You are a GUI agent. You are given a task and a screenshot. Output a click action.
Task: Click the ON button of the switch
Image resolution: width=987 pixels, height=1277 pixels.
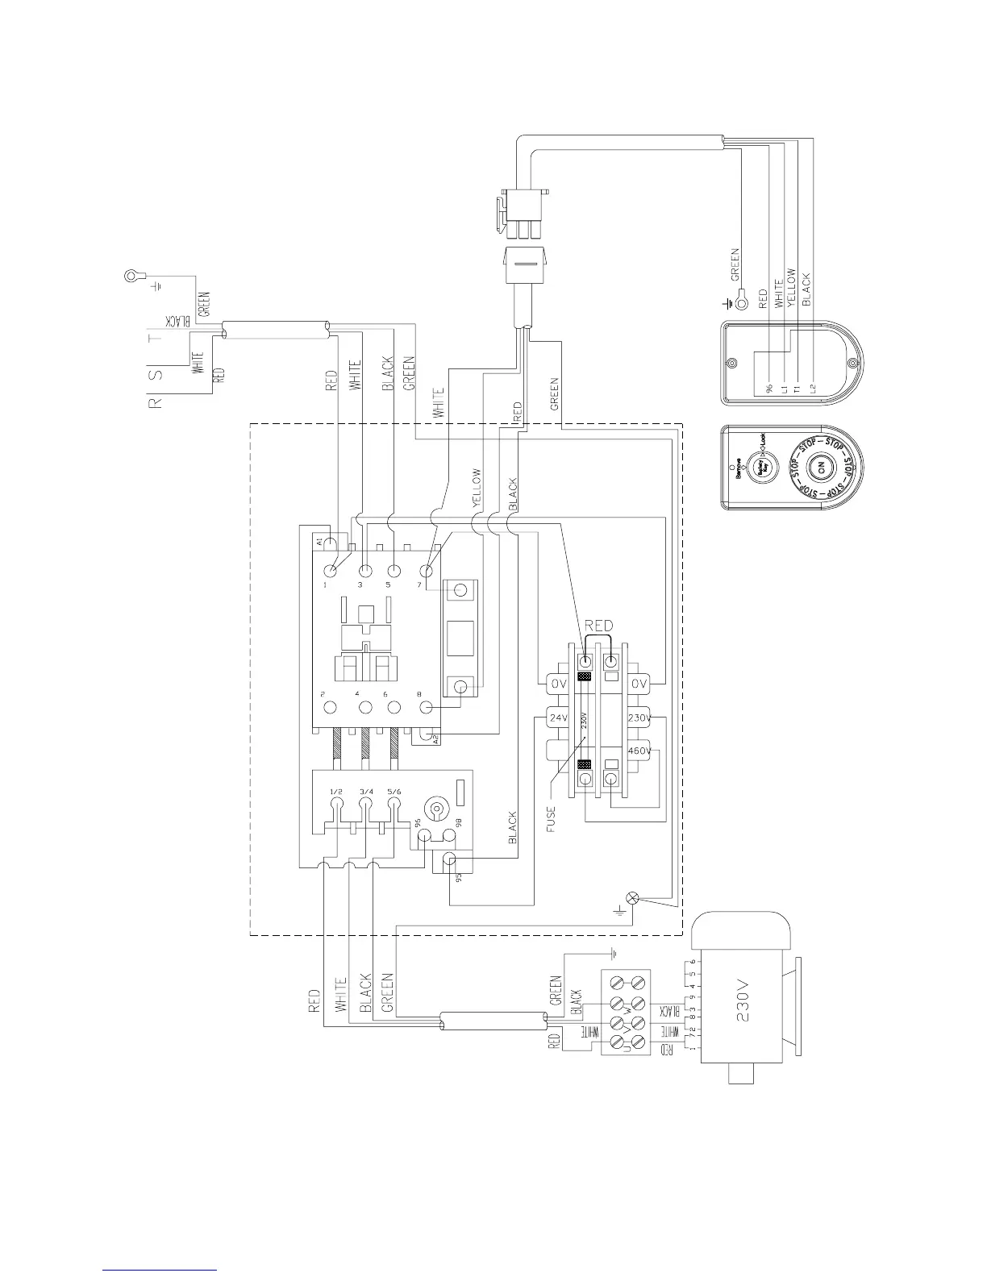[x=819, y=468]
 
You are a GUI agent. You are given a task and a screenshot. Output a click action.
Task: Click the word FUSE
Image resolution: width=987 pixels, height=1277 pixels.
[x=552, y=816]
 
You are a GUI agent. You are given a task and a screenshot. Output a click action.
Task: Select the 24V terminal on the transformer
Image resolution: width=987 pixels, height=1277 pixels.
[x=558, y=717]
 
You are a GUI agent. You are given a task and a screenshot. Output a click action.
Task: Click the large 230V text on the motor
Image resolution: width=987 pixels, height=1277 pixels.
[x=743, y=1008]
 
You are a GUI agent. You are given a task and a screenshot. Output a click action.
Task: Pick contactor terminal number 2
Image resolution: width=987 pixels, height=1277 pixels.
[x=330, y=707]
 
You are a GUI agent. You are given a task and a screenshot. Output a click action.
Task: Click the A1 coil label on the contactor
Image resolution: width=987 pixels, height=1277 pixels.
[x=319, y=540]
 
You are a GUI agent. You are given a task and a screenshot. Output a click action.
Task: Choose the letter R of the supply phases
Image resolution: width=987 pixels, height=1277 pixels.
[x=158, y=401]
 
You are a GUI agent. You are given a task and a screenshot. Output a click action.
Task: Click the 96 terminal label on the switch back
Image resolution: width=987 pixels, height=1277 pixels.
[x=769, y=389]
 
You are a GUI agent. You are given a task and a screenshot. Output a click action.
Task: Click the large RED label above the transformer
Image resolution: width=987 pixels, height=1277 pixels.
[x=598, y=625]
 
